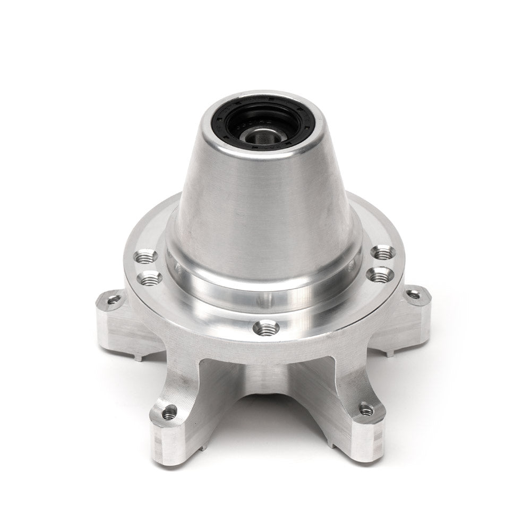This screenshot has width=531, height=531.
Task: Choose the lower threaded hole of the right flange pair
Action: [379, 274]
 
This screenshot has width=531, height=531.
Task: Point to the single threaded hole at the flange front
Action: [266, 329]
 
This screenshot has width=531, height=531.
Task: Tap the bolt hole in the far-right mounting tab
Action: [414, 294]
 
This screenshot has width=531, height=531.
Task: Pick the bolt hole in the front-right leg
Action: [366, 409]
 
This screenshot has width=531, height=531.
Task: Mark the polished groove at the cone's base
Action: [265, 289]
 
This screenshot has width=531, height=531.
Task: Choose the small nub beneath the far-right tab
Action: [390, 352]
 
